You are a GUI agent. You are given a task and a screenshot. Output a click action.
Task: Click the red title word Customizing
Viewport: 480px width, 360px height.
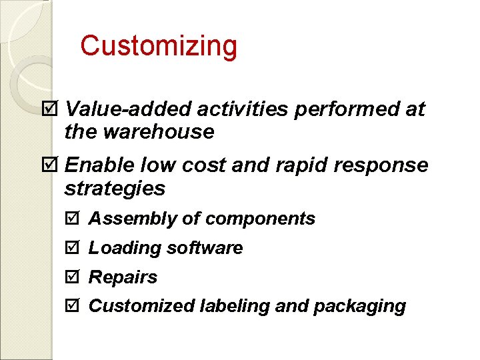[x=158, y=47]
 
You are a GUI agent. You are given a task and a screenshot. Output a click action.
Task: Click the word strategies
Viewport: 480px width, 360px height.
[x=114, y=189]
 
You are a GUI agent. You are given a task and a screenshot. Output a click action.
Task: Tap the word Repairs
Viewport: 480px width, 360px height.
[x=123, y=277]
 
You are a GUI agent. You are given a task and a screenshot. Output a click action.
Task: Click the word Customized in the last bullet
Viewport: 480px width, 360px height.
[x=141, y=306]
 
